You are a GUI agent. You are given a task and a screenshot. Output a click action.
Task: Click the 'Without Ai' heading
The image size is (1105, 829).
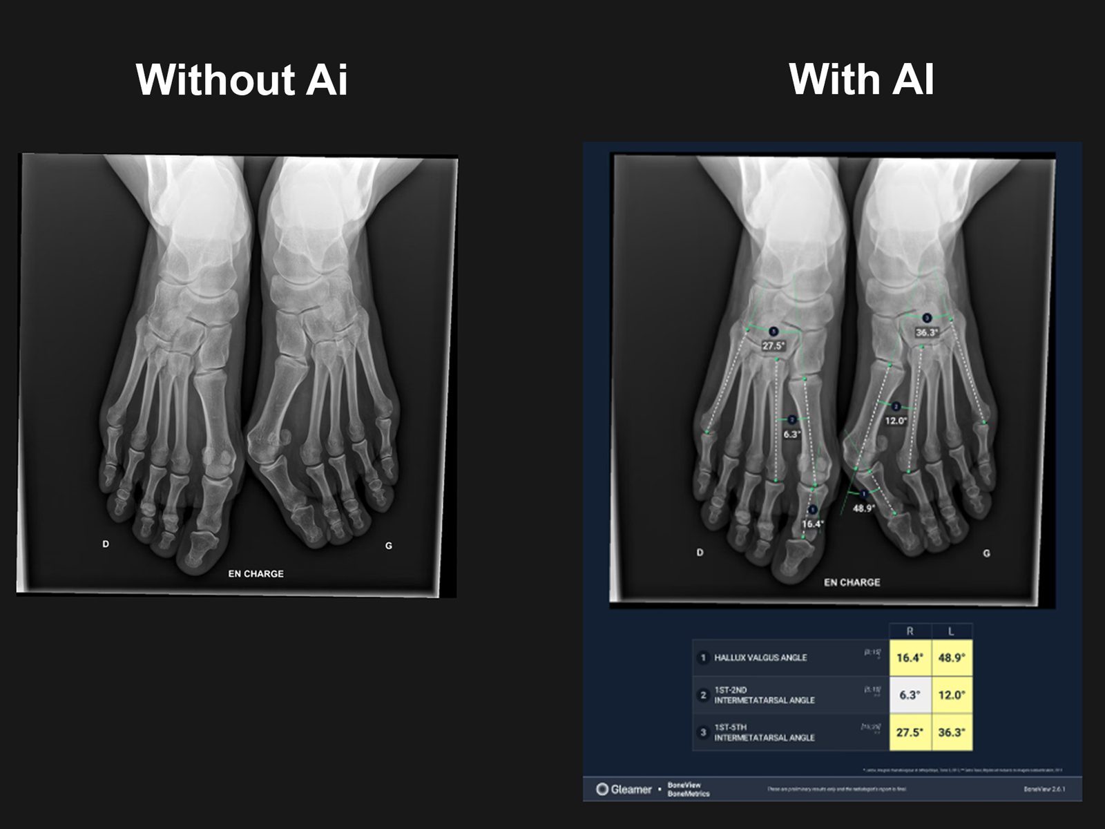(x=242, y=79)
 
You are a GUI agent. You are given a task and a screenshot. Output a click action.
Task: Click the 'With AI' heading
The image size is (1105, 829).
(x=861, y=79)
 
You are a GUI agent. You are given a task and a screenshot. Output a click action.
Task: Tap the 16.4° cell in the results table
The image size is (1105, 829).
(x=910, y=658)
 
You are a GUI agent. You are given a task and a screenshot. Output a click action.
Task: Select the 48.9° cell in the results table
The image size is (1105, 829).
(x=951, y=658)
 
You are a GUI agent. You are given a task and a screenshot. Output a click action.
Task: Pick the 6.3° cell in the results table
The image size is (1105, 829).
(x=910, y=695)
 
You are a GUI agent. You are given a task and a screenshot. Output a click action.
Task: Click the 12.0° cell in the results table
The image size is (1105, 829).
(x=951, y=695)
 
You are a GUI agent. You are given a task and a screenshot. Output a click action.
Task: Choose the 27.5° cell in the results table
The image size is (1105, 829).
(x=910, y=732)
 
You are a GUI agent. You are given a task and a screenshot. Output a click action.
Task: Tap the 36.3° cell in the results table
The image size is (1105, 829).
(x=951, y=732)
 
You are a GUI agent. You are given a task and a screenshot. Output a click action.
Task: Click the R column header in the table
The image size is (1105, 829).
(x=910, y=631)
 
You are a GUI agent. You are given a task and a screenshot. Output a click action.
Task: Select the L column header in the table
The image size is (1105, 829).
(x=951, y=631)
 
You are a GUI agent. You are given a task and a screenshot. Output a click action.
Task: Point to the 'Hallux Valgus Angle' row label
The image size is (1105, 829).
(x=760, y=658)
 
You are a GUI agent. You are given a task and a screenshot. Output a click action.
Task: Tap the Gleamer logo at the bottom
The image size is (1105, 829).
(x=624, y=789)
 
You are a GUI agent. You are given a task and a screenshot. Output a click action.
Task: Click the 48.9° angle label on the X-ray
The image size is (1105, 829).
(x=863, y=508)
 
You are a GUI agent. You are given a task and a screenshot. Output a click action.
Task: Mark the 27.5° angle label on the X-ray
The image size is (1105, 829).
(x=773, y=345)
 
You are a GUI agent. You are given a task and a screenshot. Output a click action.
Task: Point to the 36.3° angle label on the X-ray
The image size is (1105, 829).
(x=927, y=332)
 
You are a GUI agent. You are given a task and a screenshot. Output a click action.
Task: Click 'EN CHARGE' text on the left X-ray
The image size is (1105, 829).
(x=256, y=573)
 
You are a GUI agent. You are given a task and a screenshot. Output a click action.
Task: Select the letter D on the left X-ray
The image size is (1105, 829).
(x=106, y=544)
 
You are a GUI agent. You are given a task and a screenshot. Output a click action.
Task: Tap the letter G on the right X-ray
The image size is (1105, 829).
(x=986, y=553)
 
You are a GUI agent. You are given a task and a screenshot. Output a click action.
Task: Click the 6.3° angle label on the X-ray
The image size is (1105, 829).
(x=791, y=435)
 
